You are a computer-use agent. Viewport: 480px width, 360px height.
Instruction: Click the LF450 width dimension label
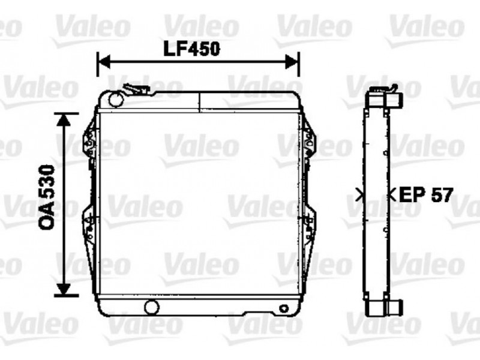[x=192, y=49]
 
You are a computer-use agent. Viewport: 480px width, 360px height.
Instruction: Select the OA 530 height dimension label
[x=47, y=197]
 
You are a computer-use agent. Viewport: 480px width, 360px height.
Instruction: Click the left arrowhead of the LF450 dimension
[x=103, y=62]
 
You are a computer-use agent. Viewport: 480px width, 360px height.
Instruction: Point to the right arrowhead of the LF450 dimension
[x=292, y=62]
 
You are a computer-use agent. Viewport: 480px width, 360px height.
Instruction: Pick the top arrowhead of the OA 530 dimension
[x=64, y=119]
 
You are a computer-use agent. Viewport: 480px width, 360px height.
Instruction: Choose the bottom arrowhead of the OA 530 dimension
[x=64, y=289]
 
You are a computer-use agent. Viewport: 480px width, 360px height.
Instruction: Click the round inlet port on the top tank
[x=116, y=99]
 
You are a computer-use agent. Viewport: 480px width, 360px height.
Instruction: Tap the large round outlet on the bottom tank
[x=152, y=307]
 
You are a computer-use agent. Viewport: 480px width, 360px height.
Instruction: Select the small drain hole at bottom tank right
[x=284, y=308]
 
